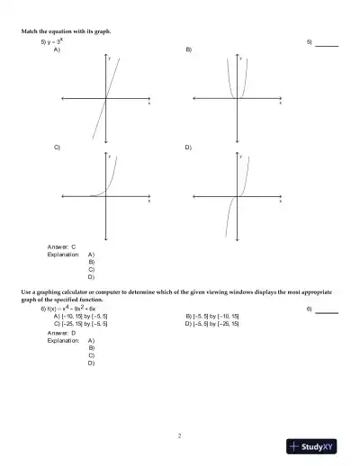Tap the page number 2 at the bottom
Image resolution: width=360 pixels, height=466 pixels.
click(x=180, y=436)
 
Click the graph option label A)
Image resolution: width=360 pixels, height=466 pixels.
click(x=57, y=49)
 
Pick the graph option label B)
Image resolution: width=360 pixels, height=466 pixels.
click(x=188, y=49)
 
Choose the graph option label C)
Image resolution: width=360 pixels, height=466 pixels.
click(x=57, y=146)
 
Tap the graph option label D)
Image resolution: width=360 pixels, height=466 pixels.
click(x=188, y=146)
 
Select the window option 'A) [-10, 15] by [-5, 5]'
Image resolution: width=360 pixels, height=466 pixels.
click(x=81, y=317)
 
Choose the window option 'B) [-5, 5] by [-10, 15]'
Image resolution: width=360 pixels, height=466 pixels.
click(x=212, y=317)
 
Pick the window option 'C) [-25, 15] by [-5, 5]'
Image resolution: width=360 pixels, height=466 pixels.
click(x=81, y=324)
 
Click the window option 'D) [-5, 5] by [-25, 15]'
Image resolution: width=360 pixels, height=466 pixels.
click(x=212, y=324)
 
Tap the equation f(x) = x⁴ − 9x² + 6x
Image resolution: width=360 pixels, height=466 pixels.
click(x=68, y=309)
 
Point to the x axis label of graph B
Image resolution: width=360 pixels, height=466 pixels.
click(x=280, y=103)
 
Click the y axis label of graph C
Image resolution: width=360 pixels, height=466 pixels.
click(x=110, y=157)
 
